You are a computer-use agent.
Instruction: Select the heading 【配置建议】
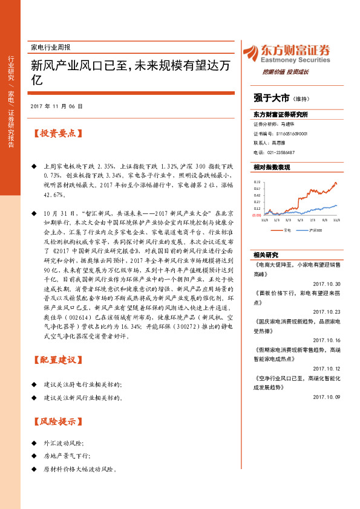pyautogui.click(x=56, y=360)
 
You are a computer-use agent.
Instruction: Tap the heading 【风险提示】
pyautogui.click(x=56, y=421)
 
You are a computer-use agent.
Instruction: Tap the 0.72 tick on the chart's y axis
pyautogui.click(x=257, y=181)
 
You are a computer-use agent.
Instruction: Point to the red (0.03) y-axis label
pyautogui.click(x=257, y=215)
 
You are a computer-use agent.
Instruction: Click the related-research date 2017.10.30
pyautogui.click(x=327, y=267)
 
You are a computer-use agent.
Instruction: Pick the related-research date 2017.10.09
pyautogui.click(x=327, y=397)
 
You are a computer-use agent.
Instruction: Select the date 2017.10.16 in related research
pyautogui.click(x=327, y=340)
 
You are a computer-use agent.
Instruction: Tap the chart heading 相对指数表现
pyautogui.click(x=272, y=167)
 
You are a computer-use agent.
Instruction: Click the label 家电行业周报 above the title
pyautogui.click(x=50, y=47)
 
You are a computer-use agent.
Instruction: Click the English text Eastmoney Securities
pyautogui.click(x=297, y=60)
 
